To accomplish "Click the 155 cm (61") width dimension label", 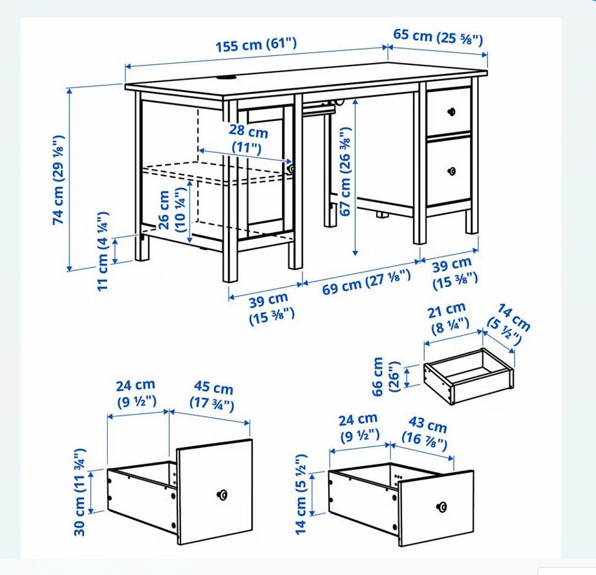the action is click(x=256, y=44).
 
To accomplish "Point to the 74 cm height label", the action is click(x=58, y=179).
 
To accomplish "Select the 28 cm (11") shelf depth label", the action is click(x=248, y=139).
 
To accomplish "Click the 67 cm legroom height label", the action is click(x=345, y=172).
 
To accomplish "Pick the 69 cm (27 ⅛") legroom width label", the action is click(x=367, y=282).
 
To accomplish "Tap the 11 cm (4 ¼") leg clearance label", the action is click(x=103, y=251).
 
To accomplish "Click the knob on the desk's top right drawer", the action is click(x=451, y=111).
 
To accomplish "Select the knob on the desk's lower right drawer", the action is click(x=451, y=171).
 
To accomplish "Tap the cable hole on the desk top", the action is click(x=227, y=78).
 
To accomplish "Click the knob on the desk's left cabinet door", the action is click(x=291, y=169).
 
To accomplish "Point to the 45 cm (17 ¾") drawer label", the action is click(x=212, y=396).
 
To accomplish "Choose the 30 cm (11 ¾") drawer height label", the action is click(x=80, y=492).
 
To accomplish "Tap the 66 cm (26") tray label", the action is click(x=387, y=376).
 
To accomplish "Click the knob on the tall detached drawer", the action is click(x=222, y=495).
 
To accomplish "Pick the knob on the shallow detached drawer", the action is click(x=441, y=507).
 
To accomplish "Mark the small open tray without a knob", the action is click(x=469, y=376).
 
